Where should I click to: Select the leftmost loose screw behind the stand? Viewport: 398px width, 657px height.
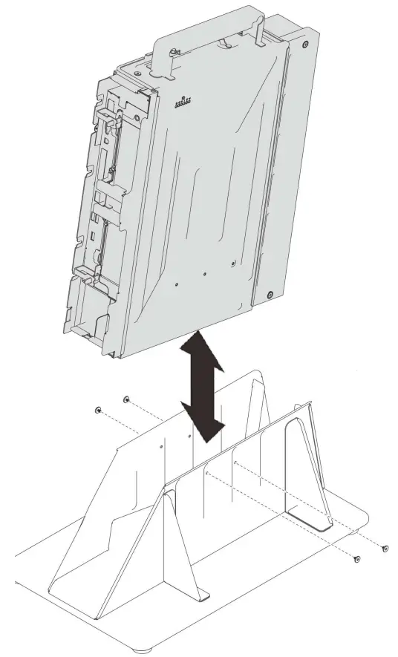tap(97, 410)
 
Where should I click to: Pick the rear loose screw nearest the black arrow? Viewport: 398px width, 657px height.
tap(127, 399)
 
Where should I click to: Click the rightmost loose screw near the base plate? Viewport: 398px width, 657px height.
tap(385, 548)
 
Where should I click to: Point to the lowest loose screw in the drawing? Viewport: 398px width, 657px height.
tap(357, 558)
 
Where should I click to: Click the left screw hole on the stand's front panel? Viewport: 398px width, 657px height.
tap(206, 472)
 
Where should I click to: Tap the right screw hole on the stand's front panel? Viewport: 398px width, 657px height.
tap(235, 462)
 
